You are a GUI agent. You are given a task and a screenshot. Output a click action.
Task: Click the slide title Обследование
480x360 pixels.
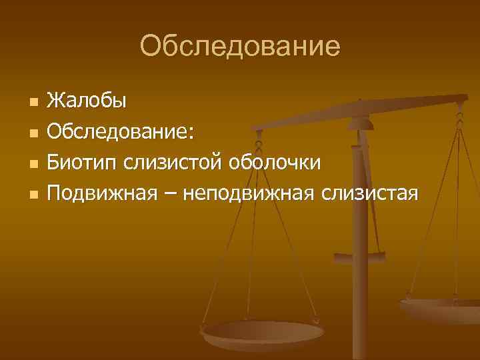(240, 46)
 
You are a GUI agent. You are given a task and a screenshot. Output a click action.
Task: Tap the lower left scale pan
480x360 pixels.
(263, 333)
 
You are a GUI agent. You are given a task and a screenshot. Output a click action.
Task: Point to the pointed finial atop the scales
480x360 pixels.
(360, 105)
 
